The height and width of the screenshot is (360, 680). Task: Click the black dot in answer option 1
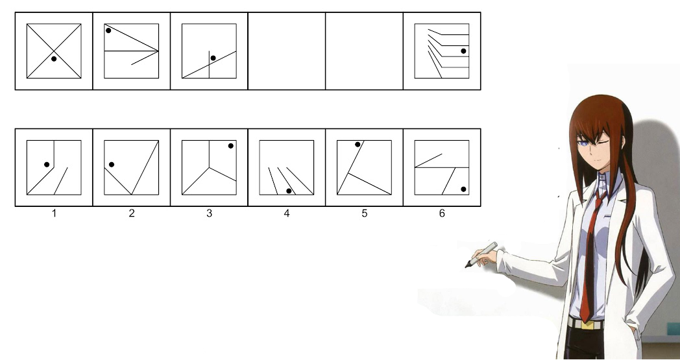[x=47, y=164]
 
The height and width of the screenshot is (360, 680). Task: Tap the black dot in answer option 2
[x=112, y=164]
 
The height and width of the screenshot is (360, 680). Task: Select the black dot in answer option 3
[x=231, y=146]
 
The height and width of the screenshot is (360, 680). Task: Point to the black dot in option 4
[x=289, y=191]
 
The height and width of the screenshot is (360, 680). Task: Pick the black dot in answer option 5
[x=358, y=145]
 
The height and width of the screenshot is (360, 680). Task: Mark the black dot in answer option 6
[x=463, y=189]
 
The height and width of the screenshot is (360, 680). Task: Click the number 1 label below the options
[x=54, y=213]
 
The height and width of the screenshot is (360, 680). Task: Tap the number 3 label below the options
[x=209, y=213]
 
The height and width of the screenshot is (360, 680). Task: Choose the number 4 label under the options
[x=287, y=213]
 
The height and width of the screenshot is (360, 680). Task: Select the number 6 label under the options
[x=442, y=213]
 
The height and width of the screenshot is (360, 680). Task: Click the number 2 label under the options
[x=132, y=213]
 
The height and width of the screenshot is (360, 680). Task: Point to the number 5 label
[x=364, y=213]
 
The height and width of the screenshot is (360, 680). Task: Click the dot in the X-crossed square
[x=54, y=58]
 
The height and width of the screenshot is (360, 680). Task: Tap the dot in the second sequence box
[x=108, y=30]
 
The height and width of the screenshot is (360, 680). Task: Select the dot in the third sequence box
[x=213, y=58]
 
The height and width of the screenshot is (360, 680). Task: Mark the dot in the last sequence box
[x=463, y=51]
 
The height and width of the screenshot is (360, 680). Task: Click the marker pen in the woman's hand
[x=481, y=255]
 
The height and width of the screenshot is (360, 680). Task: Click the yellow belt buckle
[x=587, y=324]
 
